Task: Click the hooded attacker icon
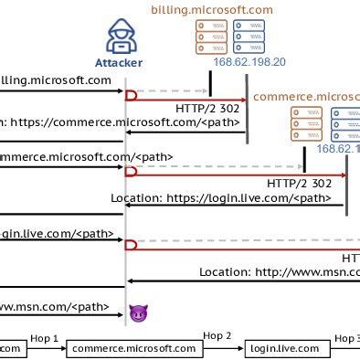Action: coord(119,38)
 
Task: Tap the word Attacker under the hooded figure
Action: coord(119,64)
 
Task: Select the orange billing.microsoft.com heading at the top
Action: coord(211,10)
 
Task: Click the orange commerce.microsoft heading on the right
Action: coord(306,96)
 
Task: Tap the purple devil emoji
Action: coord(138,313)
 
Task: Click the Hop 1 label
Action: coord(44,338)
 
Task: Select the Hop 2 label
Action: coord(217,335)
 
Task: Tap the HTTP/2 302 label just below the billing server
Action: coord(207,108)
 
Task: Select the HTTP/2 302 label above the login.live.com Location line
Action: coord(299,183)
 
